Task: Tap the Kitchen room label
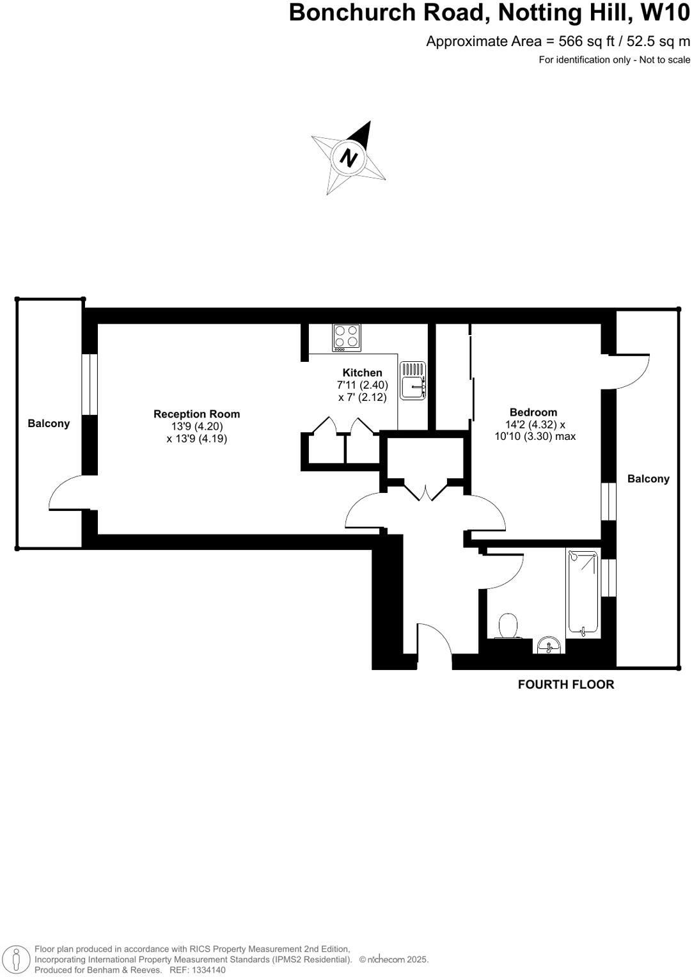(362, 373)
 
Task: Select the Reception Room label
(196, 414)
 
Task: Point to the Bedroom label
(533, 412)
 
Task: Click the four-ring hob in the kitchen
(346, 338)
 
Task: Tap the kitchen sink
(413, 380)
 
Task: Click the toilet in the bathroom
(508, 627)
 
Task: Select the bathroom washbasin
(549, 646)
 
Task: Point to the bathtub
(583, 591)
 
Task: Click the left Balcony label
(49, 423)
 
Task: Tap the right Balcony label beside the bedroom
(648, 479)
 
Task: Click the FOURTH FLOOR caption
(566, 684)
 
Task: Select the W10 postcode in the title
(665, 13)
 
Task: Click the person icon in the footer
(17, 959)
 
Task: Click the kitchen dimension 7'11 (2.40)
(362, 385)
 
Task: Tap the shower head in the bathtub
(574, 556)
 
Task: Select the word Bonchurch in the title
(352, 13)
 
